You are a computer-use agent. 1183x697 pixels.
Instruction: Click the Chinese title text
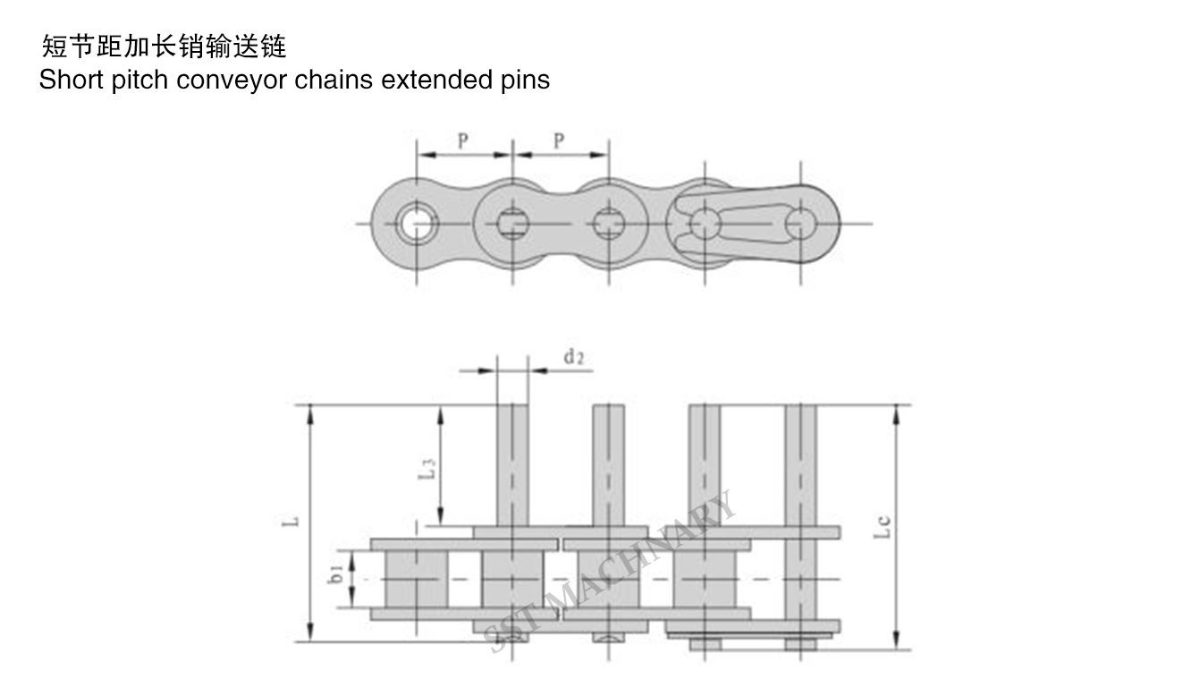click(x=164, y=46)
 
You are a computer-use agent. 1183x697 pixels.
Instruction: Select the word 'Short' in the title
click(x=71, y=81)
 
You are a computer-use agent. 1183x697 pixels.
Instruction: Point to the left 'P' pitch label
click(x=463, y=140)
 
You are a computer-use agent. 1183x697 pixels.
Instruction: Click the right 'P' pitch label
click(x=559, y=140)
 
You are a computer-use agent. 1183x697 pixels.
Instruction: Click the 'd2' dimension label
click(x=573, y=358)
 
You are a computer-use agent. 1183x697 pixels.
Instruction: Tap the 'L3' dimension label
click(x=427, y=469)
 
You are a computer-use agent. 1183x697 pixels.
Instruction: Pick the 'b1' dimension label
click(x=336, y=574)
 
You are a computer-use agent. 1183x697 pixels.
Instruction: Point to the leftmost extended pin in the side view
click(x=512, y=465)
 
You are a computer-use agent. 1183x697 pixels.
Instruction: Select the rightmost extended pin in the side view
click(x=800, y=465)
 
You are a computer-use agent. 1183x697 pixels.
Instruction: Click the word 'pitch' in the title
click(x=141, y=81)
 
